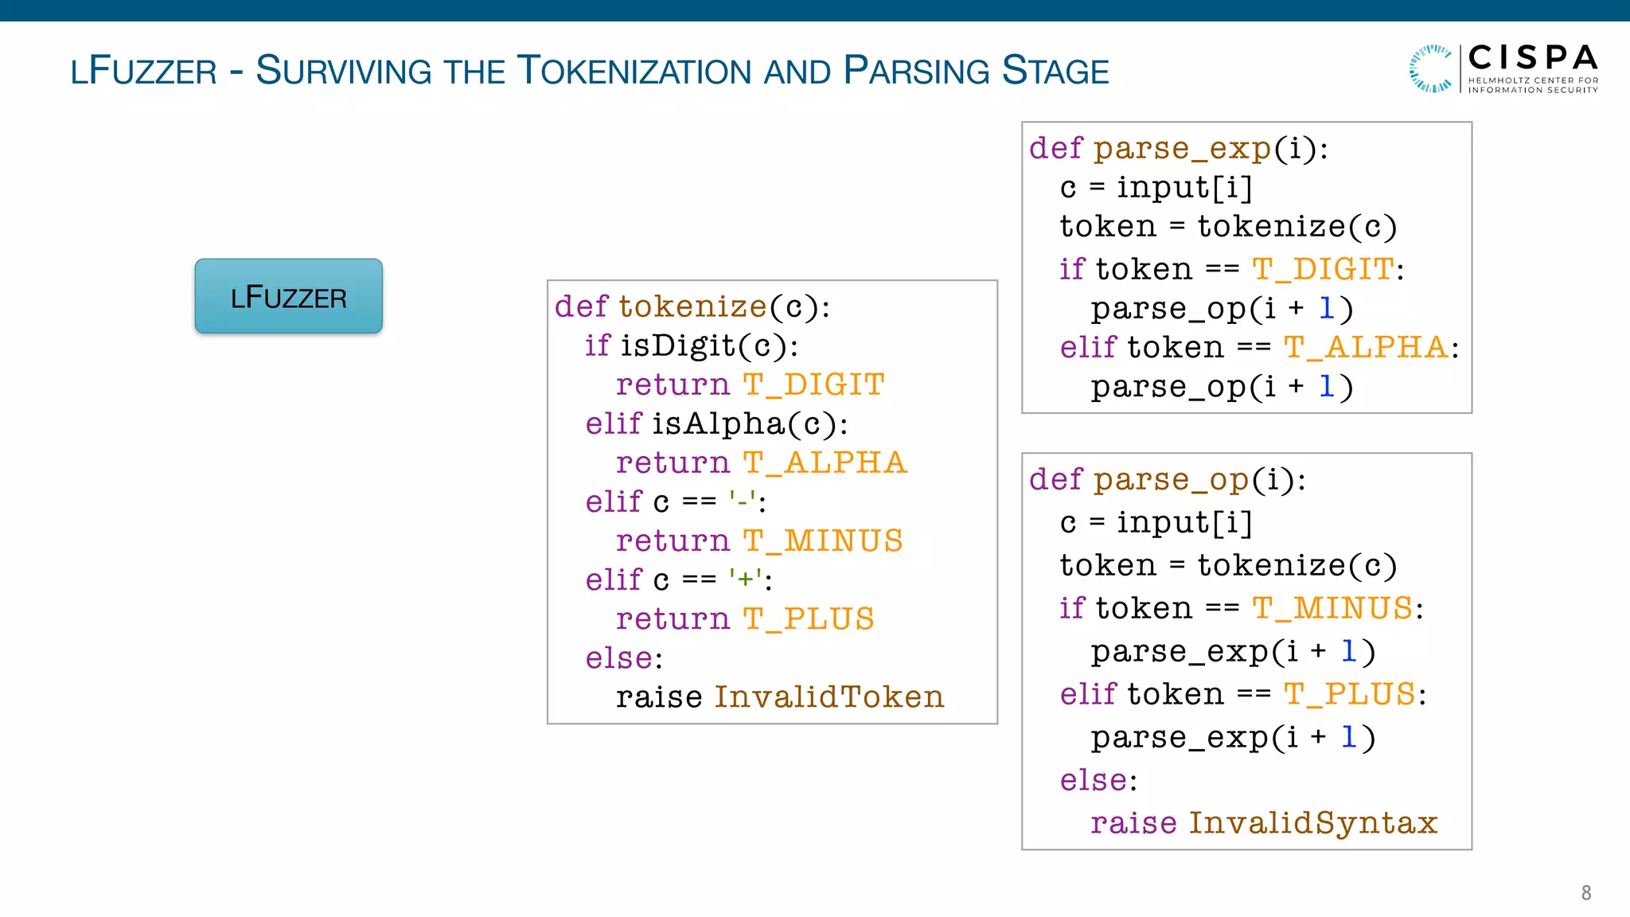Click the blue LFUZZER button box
pos(288,296)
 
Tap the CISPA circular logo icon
pos(1430,68)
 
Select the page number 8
pos(1585,892)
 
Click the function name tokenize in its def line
pos(692,306)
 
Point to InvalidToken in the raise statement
pos(829,697)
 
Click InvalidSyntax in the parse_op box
pos(1312,823)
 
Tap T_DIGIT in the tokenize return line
pos(813,385)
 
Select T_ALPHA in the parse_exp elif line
pos(1366,348)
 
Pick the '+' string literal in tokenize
pos(745,579)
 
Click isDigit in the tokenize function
pos(677,345)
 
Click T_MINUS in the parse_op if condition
pos(1332,609)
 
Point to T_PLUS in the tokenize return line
pos(808,619)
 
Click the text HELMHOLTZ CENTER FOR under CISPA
pos(1532,80)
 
